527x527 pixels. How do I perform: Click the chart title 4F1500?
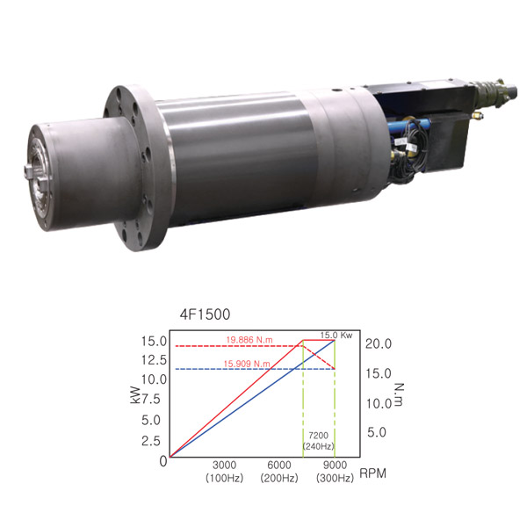(x=205, y=314)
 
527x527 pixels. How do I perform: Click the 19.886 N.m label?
(x=249, y=340)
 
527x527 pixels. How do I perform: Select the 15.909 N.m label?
(x=247, y=364)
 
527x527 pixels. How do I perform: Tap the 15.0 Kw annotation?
(x=336, y=336)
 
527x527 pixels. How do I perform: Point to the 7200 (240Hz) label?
(x=318, y=441)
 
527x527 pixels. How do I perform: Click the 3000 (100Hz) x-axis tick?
(x=224, y=472)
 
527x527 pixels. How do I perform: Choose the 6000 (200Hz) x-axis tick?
(x=279, y=472)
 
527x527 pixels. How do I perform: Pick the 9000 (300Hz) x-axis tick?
(x=335, y=472)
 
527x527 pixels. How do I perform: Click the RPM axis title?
(x=372, y=473)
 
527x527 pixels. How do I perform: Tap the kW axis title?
(x=135, y=394)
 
